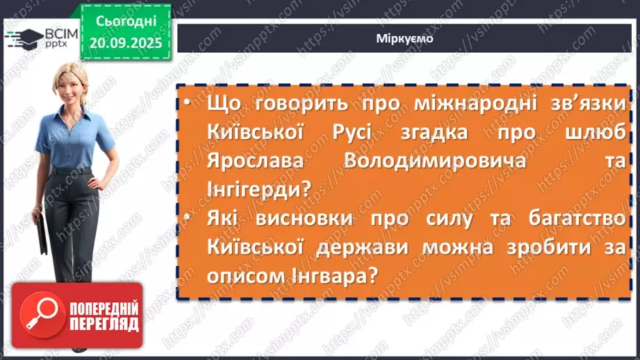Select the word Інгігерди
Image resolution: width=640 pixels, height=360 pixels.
(x=256, y=188)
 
